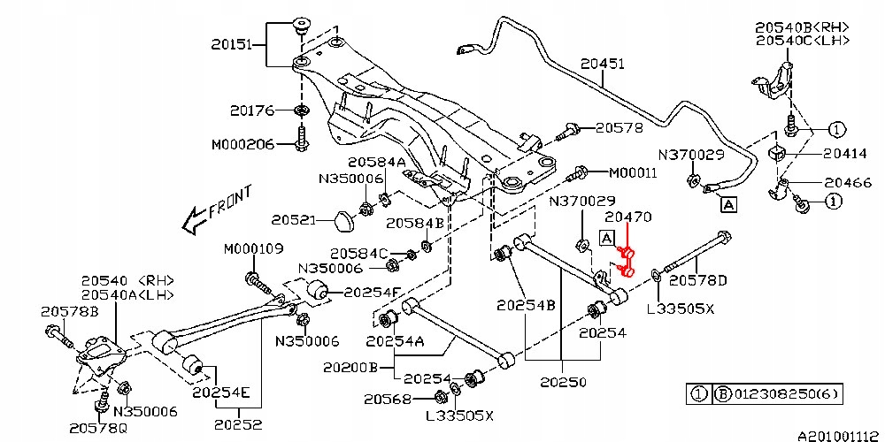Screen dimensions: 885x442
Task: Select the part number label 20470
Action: coord(628,217)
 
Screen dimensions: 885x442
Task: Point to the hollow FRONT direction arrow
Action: coord(195,220)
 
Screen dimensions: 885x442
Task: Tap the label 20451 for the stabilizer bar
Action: coord(603,64)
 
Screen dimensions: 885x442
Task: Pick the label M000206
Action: coord(242,145)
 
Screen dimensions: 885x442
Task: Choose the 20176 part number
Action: coord(252,110)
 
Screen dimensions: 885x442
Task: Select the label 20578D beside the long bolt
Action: coord(697,279)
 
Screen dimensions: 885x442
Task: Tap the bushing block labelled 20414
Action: coord(778,153)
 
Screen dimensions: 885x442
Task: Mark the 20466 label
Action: coord(848,183)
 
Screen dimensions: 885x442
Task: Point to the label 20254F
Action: coord(373,292)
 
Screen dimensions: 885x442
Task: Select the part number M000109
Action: coord(253,249)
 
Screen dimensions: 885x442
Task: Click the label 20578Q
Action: coord(99,429)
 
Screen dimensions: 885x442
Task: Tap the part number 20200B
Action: coord(350,368)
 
